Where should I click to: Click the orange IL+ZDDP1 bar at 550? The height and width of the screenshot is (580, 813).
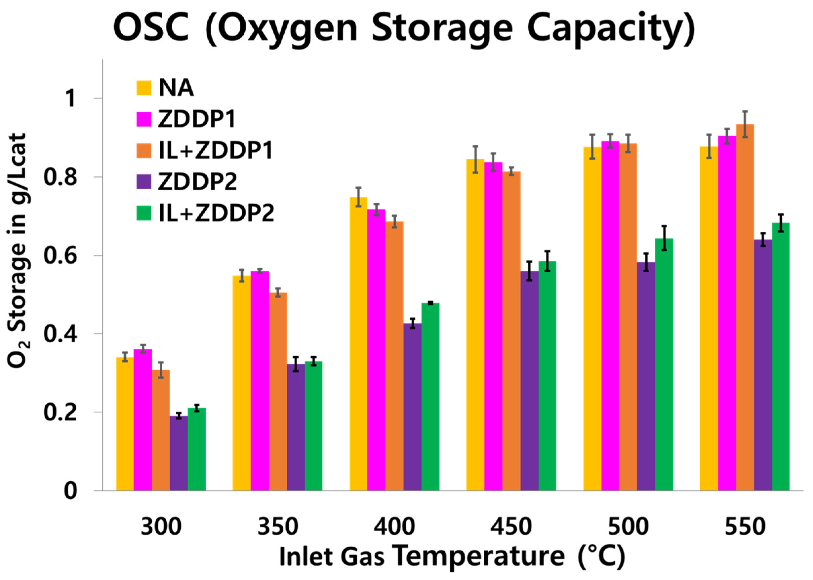745,307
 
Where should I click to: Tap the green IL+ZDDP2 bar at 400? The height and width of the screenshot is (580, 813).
430,397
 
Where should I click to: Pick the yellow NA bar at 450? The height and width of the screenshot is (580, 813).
475,325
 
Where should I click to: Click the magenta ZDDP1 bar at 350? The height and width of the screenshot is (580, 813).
260,380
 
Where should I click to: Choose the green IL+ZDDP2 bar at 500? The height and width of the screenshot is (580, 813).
664,364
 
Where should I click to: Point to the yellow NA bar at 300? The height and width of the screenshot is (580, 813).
125,424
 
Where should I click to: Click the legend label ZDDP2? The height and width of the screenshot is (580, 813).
197,182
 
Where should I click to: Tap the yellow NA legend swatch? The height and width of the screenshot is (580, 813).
143,88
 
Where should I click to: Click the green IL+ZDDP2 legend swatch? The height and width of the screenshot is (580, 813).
143,213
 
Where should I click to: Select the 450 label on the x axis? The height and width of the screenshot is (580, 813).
511,526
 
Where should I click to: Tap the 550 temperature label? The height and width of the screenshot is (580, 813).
745,526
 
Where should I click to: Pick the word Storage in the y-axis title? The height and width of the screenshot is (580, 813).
17,271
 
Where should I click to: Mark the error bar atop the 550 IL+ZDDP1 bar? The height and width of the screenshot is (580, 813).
745,124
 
